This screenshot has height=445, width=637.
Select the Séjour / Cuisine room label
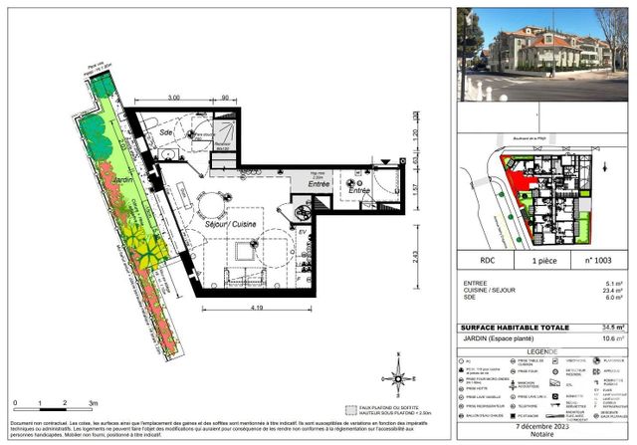[205, 225]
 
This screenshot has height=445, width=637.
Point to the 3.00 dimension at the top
[172, 98]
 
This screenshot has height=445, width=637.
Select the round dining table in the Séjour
[211, 206]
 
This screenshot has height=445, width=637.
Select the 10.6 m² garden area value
[615, 338]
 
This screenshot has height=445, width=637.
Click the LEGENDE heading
[542, 351]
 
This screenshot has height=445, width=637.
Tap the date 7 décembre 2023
[542, 426]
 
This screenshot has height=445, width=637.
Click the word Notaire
[542, 436]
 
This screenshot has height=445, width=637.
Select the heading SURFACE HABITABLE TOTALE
[511, 328]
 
